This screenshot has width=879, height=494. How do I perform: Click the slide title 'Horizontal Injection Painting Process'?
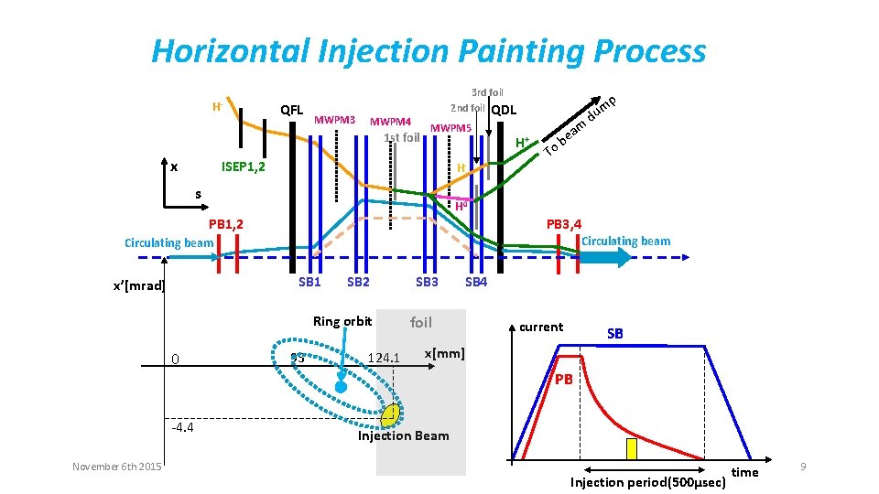pos(429,51)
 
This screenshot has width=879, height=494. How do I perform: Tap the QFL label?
pos(292,110)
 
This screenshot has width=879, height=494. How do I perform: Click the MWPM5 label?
pos(450,127)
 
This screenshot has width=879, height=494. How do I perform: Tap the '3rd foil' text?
pos(487,92)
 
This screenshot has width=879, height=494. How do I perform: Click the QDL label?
pos(504,111)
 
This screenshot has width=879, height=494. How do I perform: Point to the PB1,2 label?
pos(225,224)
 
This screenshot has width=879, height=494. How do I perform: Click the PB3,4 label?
pos(564,224)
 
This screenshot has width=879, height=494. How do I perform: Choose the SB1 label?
pos(309,282)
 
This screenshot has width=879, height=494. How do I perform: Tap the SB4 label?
pos(476,282)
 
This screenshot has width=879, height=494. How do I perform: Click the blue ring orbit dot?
pos(341,388)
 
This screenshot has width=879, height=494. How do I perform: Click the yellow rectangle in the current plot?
pos(631,449)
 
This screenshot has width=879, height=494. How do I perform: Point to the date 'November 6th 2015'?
pos(117,467)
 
